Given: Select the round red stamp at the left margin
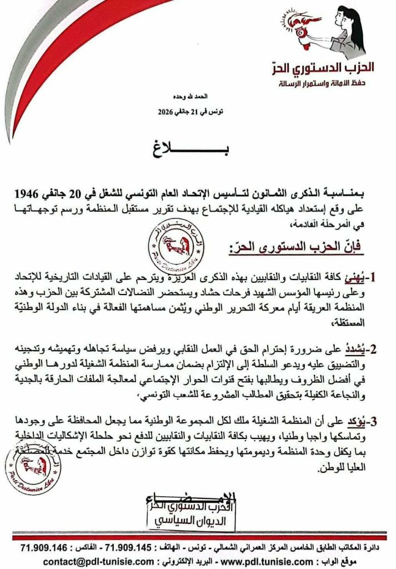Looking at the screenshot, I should [33, 466].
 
